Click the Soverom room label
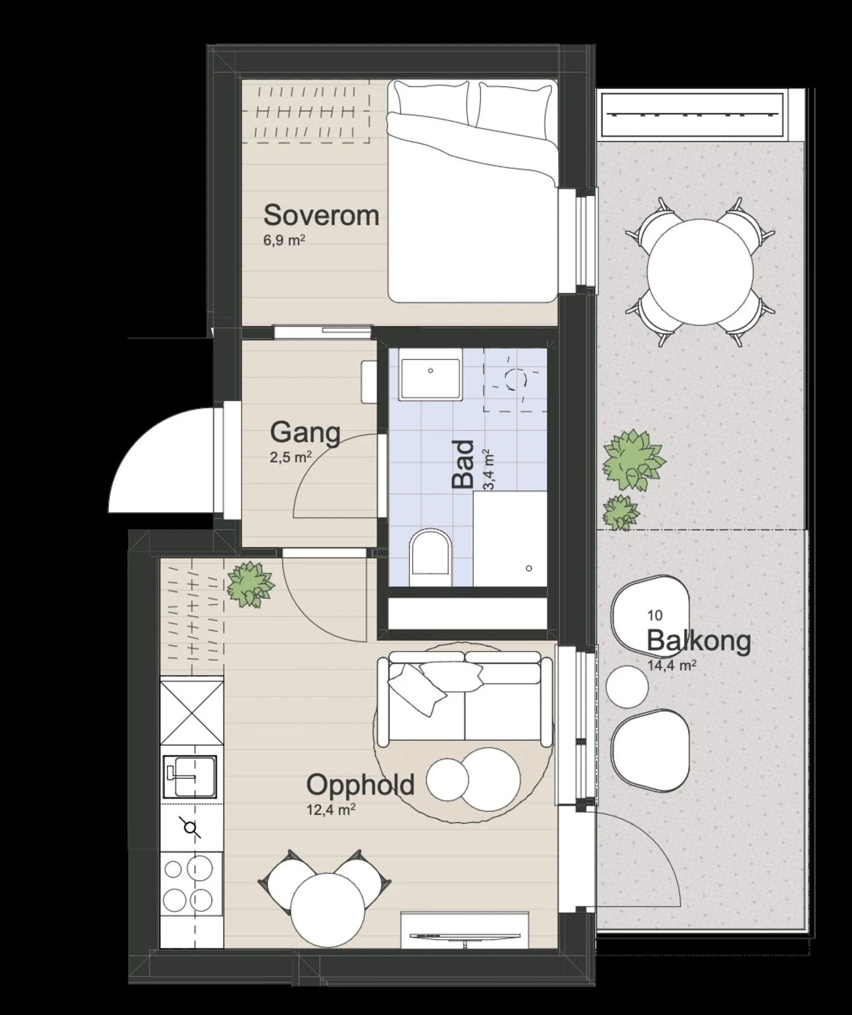(321, 215)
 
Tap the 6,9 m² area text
(284, 241)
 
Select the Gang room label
(305, 433)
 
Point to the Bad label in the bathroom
(463, 464)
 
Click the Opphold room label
(360, 785)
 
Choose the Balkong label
(699, 641)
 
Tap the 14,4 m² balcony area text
(671, 665)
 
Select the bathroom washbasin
(430, 373)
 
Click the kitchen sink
(189, 776)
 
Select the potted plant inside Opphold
(250, 584)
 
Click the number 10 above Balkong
(655, 615)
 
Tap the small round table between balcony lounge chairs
(627, 686)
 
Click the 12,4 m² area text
(331, 810)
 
